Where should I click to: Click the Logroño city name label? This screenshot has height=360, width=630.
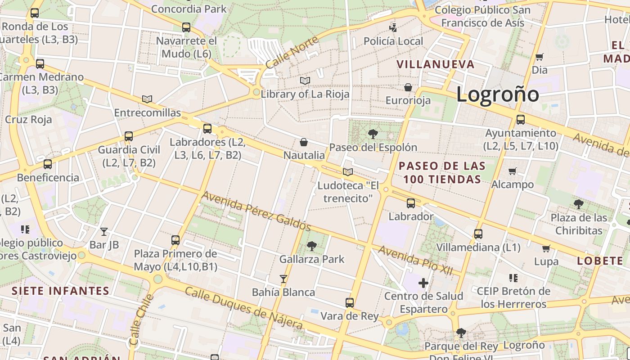497,94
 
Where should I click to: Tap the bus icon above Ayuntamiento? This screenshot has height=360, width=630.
521,120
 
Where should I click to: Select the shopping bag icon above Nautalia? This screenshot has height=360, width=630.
304,143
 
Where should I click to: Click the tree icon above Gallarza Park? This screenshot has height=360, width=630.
311,246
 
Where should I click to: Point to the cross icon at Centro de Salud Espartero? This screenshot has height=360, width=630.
423,283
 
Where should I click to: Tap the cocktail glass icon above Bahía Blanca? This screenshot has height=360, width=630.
283,279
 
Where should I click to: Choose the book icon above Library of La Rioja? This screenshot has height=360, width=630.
305,81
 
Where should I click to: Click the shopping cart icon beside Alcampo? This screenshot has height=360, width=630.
512,171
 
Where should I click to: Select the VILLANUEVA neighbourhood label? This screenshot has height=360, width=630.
436,64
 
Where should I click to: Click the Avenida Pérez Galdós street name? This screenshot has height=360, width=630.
256,211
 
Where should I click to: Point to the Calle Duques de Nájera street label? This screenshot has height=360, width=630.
244,308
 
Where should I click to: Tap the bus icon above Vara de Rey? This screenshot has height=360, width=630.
350,303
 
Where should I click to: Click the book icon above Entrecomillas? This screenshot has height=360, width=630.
147,99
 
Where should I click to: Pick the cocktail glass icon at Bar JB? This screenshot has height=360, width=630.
104,232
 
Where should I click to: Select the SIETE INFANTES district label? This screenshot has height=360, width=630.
60,291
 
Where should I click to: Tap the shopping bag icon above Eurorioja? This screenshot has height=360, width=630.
408,87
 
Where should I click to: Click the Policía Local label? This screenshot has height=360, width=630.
393,41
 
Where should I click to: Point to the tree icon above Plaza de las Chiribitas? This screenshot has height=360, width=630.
579,204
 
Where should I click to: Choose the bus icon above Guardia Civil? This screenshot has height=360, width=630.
129,136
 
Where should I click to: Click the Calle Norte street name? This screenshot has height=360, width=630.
292,53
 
